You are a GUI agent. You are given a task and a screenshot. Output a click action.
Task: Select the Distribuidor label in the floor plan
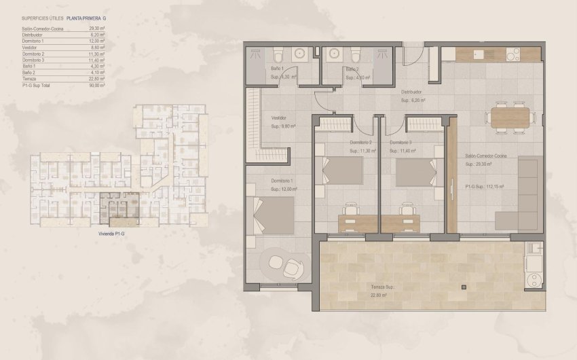pyautogui.click(x=411, y=92)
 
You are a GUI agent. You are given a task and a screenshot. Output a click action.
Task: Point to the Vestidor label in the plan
pyautogui.click(x=278, y=118)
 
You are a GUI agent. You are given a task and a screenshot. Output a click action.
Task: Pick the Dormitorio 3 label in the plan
pyautogui.click(x=401, y=143)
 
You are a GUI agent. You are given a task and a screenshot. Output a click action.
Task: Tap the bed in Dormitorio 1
pyautogui.click(x=276, y=215)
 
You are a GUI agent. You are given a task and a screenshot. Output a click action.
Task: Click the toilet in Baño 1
pyautogui.click(x=278, y=55)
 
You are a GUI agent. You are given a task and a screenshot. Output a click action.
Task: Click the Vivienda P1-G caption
pyautogui.click(x=113, y=233)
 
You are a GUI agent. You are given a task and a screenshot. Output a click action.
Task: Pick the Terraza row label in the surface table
pyautogui.click(x=29, y=79)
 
